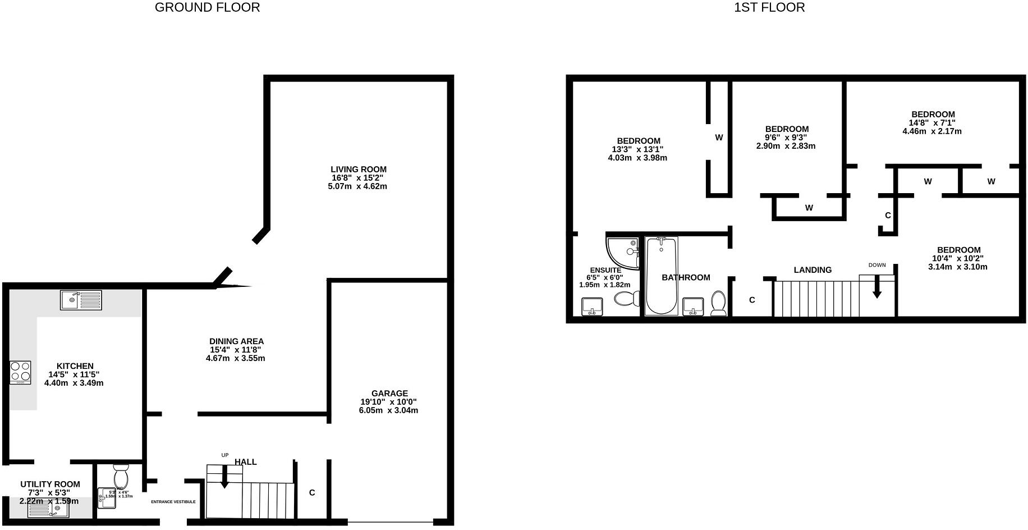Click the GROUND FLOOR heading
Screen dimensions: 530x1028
point(207,7)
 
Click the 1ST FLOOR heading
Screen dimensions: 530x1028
point(769,7)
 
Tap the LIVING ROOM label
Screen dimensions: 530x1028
point(358,169)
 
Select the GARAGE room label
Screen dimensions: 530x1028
point(389,393)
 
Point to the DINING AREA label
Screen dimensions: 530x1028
point(236,341)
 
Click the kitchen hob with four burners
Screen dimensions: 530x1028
point(21,372)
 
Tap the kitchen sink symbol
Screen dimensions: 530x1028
point(81,300)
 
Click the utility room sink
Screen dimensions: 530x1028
point(49,509)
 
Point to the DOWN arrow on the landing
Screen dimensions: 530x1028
point(876,287)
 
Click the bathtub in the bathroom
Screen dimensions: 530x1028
point(662,276)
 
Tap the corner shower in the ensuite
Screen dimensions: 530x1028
point(624,252)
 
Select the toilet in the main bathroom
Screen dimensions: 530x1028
point(718,303)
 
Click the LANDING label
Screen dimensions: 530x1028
point(813,270)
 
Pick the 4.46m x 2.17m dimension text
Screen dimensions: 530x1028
point(931,131)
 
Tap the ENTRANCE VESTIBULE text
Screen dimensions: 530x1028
point(173,501)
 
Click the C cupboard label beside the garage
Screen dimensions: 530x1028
point(312,492)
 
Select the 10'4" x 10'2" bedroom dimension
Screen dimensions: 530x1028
point(957,258)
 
